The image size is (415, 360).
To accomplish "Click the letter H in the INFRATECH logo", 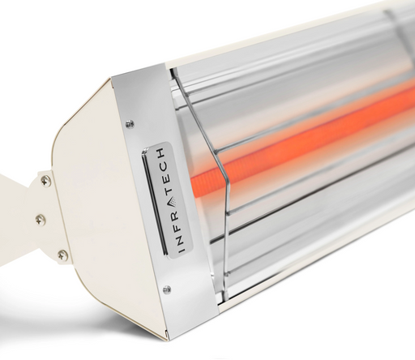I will (x=160, y=154).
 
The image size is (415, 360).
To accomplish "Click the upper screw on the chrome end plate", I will (x=130, y=124).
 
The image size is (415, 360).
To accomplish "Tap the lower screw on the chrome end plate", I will (x=166, y=289).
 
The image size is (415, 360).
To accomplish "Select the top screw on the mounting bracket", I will (x=45, y=181).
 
